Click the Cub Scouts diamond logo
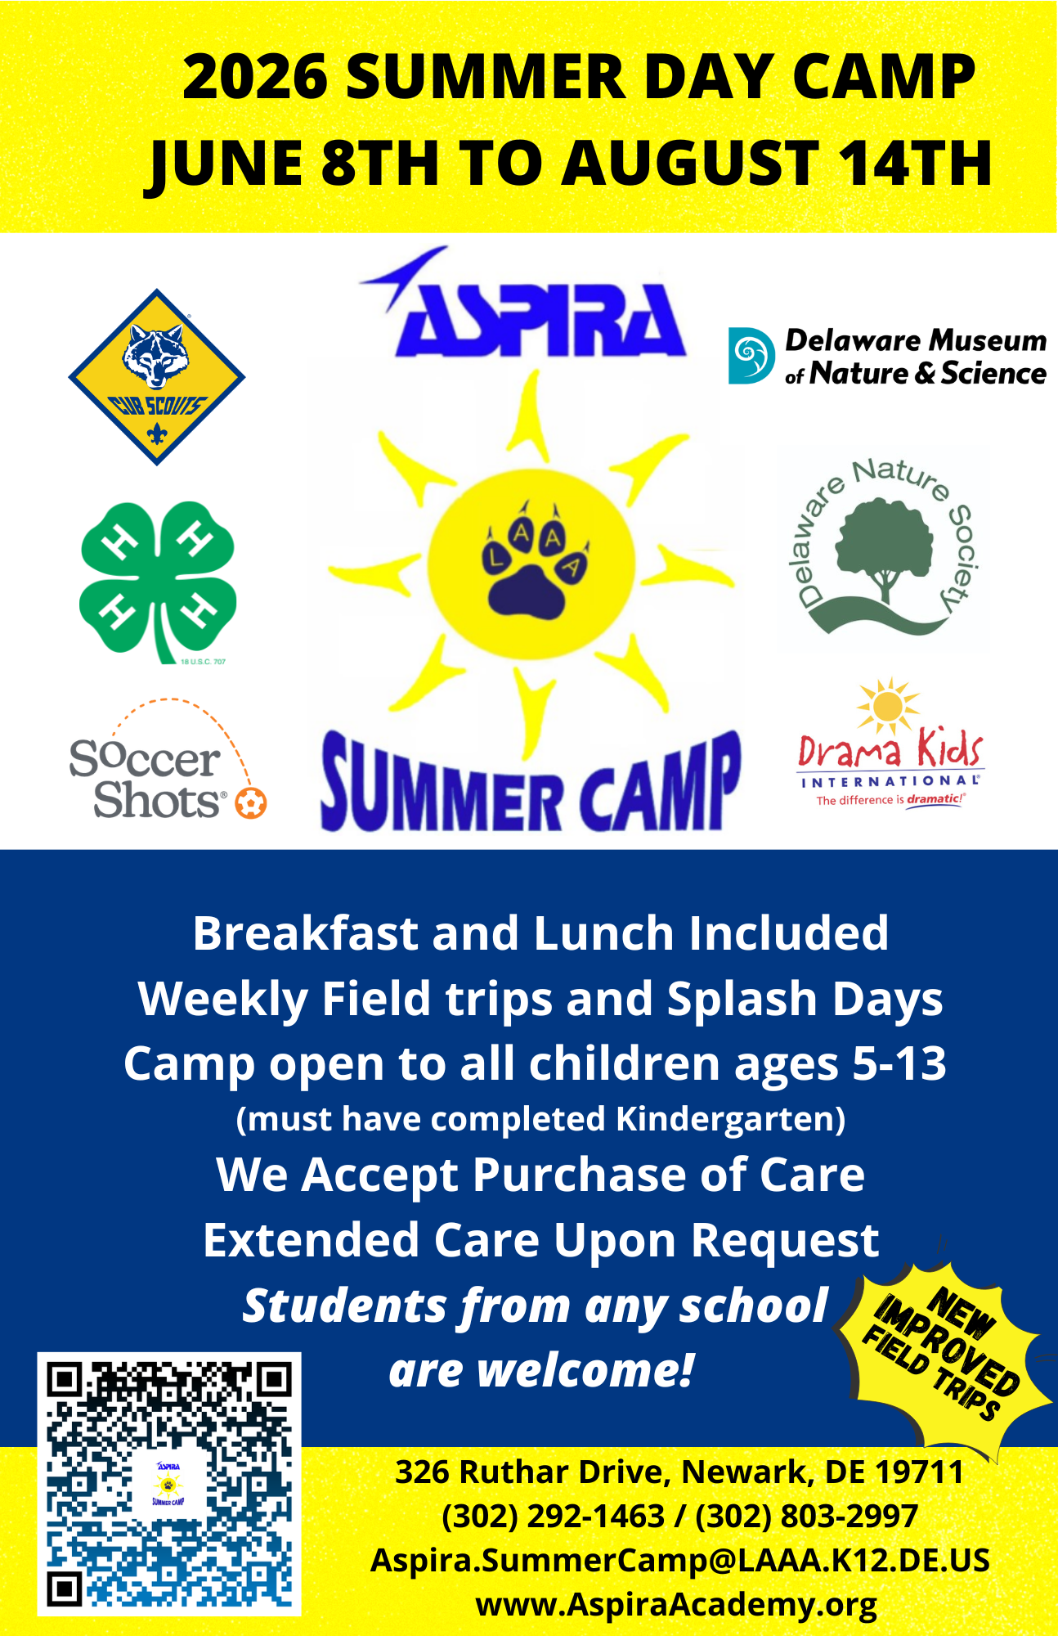click(x=156, y=377)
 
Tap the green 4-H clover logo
click(x=158, y=579)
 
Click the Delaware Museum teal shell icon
click(x=751, y=356)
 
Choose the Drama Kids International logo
click(x=890, y=748)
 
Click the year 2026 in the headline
click(x=255, y=78)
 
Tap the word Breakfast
click(x=305, y=933)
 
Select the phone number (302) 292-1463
click(x=553, y=1516)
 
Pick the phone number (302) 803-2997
click(x=806, y=1516)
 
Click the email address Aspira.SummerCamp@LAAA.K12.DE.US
click(x=679, y=1560)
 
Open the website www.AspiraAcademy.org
click(x=676, y=1604)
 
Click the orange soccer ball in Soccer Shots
click(x=251, y=802)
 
